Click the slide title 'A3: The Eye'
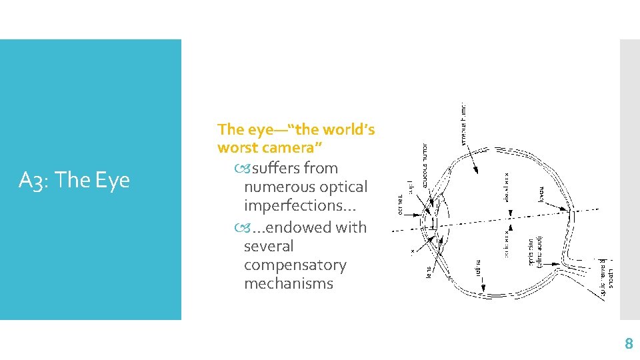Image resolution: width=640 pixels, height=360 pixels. coord(74,180)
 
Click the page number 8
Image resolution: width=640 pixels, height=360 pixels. coord(627,344)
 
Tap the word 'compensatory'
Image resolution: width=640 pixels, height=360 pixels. coord(295,265)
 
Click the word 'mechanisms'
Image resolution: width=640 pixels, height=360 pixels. coord(289,283)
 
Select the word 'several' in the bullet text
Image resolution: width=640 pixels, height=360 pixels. coord(269,246)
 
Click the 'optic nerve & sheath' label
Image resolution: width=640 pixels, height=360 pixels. coord(607,277)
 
